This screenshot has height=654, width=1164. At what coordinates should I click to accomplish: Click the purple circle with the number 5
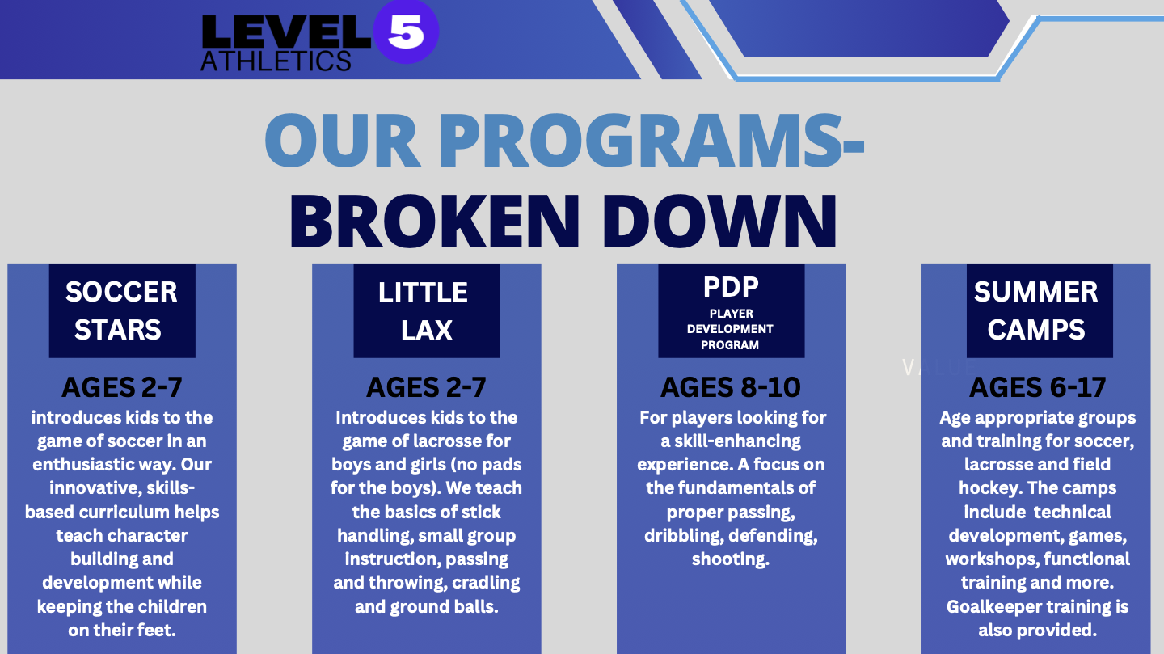[x=406, y=32]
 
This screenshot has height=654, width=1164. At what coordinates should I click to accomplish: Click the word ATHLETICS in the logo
[x=276, y=61]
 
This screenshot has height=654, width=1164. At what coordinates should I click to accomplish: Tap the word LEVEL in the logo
[x=286, y=32]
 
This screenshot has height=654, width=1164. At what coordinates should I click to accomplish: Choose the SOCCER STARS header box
[x=122, y=310]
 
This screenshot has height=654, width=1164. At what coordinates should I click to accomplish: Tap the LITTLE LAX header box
[x=427, y=310]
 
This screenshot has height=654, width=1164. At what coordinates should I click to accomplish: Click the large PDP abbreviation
[x=731, y=287]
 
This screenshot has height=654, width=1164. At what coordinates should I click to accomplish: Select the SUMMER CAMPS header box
[x=1040, y=310]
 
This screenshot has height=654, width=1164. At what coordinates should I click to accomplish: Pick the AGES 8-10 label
[x=731, y=387]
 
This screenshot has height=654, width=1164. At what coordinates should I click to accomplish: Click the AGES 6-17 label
[x=1038, y=387]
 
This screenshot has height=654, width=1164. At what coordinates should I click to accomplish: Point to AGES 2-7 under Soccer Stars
[x=122, y=387]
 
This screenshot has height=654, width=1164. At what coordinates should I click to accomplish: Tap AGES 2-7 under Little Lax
[x=427, y=387]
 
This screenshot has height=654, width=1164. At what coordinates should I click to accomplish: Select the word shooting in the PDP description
[x=731, y=560]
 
